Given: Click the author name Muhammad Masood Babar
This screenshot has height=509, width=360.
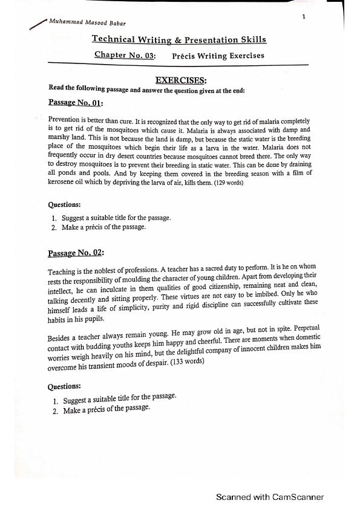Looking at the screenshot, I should [88, 23].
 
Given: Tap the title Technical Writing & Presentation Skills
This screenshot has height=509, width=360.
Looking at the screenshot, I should [178, 39].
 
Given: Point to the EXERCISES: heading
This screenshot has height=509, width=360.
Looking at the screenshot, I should [181, 80].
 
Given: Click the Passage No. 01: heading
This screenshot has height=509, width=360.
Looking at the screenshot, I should [75, 103].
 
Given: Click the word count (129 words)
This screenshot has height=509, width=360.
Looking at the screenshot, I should [224, 182].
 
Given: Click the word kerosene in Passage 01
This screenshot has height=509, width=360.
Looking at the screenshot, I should [62, 183].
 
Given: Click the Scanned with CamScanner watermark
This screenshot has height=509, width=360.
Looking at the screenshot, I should [270, 497].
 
